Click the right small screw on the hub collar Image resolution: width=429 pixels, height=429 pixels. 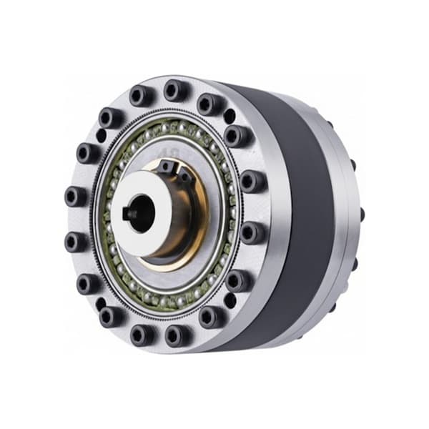click(x=185, y=174)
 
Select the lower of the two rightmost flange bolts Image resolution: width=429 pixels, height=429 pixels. click(x=251, y=232)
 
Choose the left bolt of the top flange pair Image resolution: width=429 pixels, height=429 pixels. click(x=141, y=95)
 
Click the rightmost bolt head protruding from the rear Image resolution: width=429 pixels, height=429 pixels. click(x=362, y=214)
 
